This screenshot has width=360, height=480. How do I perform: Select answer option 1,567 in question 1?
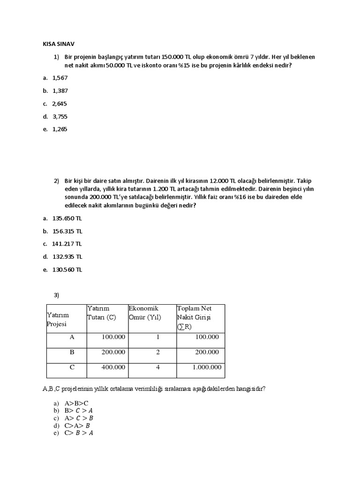tap(60, 78)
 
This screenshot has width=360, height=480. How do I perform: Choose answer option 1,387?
tap(60, 91)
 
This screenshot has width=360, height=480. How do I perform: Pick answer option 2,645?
tap(60, 104)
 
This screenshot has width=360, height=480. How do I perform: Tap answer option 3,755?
tap(60, 116)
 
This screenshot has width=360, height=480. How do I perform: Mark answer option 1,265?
tap(60, 129)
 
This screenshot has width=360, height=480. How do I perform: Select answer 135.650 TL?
tap(67, 218)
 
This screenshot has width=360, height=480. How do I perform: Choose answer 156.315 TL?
tap(67, 231)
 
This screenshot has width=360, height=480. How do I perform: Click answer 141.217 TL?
tap(67, 244)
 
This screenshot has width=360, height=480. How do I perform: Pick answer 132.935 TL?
tap(67, 256)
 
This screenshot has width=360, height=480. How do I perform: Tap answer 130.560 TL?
tap(67, 270)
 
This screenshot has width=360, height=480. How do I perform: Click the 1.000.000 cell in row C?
tap(207, 367)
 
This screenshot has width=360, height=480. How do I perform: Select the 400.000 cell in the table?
tap(113, 367)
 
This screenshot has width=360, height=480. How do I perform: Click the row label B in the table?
tap(72, 352)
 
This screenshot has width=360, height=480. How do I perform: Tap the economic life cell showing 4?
tap(158, 367)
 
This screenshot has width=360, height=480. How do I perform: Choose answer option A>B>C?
tap(77, 403)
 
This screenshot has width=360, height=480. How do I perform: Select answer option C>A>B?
tap(78, 426)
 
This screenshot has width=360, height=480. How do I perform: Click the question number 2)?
tap(56, 181)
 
